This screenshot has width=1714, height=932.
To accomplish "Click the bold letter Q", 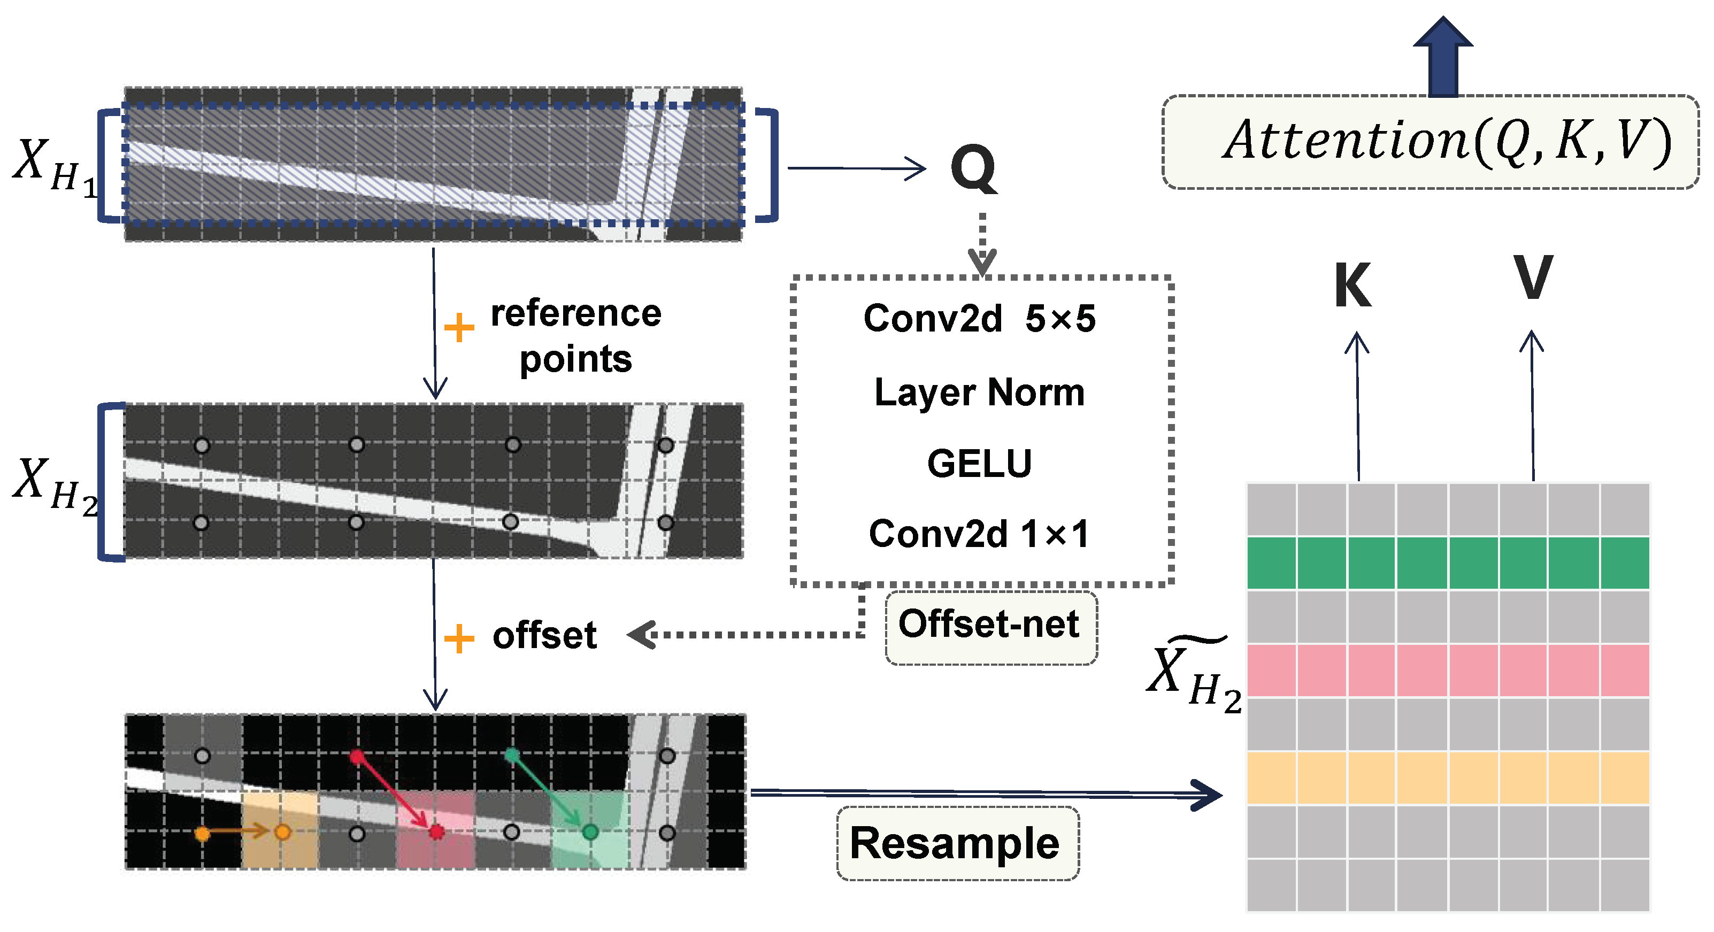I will (973, 169).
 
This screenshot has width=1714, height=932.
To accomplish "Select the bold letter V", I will (1532, 278).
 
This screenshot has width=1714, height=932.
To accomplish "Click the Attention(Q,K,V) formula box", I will (1431, 142).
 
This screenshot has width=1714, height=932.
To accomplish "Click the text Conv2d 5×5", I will (979, 319).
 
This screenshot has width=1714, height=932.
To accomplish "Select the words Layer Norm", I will (979, 392).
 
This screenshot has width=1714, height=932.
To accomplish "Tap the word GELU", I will (979, 463).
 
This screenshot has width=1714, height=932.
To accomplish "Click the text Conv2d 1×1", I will (979, 534).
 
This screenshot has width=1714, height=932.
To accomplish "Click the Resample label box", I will (957, 844).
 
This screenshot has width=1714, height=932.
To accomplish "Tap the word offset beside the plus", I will (544, 635).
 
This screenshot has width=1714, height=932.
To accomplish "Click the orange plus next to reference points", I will (459, 328).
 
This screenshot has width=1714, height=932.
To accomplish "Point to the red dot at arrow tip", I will (436, 831).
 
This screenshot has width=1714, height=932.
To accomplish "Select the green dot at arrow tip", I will (589, 831).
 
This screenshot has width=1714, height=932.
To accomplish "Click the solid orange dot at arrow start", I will (202, 833).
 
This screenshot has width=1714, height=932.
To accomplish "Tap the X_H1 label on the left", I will (53, 166).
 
